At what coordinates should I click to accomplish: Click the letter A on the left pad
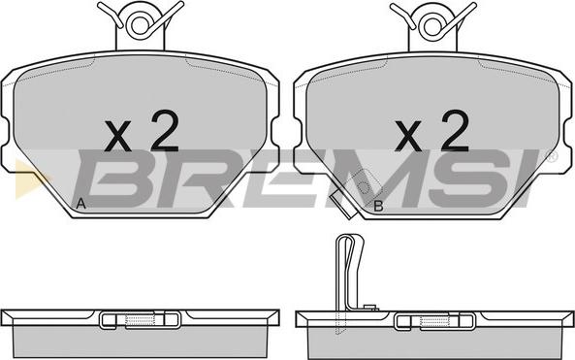pyautogui.click(x=80, y=204)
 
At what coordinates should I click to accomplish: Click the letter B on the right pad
pyautogui.click(x=378, y=206)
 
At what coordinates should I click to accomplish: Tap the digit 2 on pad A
pyautogui.click(x=165, y=131)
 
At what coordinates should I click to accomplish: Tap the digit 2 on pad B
pyautogui.click(x=455, y=131)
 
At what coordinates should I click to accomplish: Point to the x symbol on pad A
pyautogui.click(x=117, y=136)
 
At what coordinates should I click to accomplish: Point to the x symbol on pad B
pyautogui.click(x=408, y=136)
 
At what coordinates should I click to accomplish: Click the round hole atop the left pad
pyautogui.click(x=140, y=25)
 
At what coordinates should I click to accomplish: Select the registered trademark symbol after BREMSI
pyautogui.click(x=552, y=156)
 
